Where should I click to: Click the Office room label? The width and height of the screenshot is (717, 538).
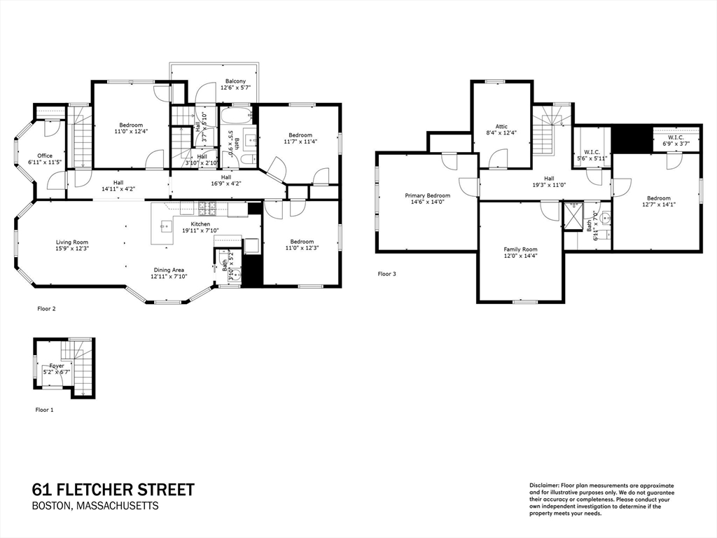(46, 156)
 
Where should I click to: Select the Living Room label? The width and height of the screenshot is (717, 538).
(72, 242)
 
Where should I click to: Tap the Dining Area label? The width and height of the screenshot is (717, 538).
(170, 270)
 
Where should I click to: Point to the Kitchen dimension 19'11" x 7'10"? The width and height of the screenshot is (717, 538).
(200, 230)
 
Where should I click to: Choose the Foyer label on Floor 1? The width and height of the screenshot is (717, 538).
(57, 365)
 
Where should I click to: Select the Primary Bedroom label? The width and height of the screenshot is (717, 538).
(427, 195)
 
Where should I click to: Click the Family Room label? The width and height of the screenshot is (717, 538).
(520, 249)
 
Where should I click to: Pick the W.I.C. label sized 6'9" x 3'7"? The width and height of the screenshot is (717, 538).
(676, 137)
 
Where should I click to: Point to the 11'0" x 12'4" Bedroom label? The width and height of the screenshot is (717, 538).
(130, 125)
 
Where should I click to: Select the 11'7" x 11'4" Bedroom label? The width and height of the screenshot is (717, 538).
(300, 134)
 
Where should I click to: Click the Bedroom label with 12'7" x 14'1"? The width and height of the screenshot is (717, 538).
(658, 198)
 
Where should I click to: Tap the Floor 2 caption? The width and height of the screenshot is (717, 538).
(46, 308)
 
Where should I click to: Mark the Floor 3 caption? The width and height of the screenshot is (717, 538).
(387, 274)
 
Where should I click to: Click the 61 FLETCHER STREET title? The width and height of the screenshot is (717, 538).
(113, 490)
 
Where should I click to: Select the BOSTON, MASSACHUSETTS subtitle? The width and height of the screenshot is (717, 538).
(96, 506)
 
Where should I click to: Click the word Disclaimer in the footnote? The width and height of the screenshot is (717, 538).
(543, 485)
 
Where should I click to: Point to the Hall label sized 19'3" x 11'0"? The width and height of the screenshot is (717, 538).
(549, 179)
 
